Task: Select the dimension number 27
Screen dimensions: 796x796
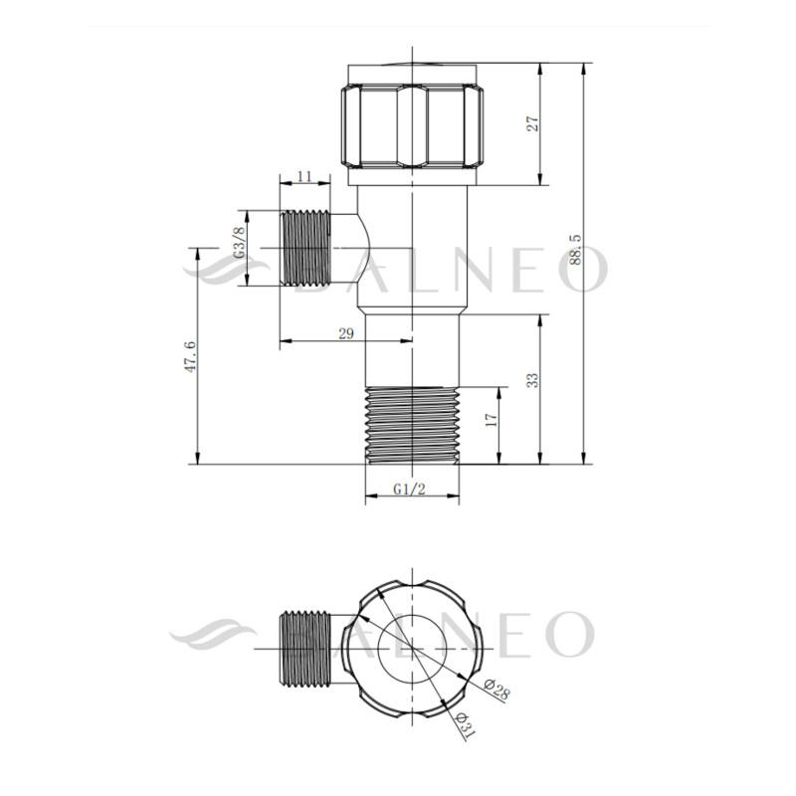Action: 532,123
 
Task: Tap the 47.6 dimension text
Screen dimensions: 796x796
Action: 190,355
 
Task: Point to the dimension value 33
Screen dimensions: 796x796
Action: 532,380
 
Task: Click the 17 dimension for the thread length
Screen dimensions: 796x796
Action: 490,422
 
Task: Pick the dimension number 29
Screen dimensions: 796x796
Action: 346,333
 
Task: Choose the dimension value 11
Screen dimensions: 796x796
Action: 304,176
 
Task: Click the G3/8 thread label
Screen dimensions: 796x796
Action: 239,243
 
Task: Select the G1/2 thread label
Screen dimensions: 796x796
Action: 411,489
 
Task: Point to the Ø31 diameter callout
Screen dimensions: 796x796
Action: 463,724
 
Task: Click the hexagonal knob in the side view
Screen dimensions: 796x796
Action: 412,125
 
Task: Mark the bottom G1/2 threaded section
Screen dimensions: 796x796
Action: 412,425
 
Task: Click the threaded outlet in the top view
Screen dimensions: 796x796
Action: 305,649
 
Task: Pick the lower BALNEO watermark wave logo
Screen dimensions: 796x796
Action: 213,634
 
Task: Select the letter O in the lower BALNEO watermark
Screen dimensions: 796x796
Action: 568,635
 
